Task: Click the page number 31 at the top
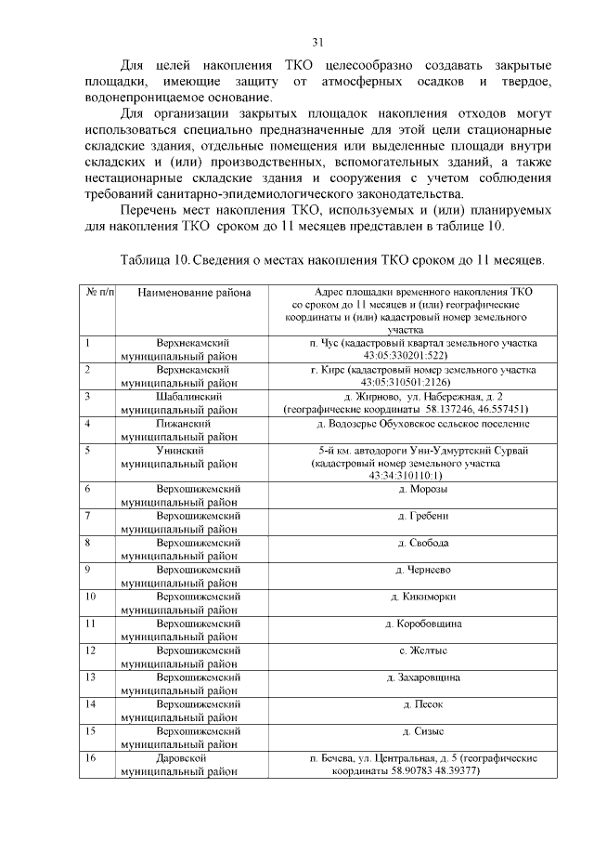pos(317,42)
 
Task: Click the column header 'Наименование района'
pos(194,293)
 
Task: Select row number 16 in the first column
pos(91,758)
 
